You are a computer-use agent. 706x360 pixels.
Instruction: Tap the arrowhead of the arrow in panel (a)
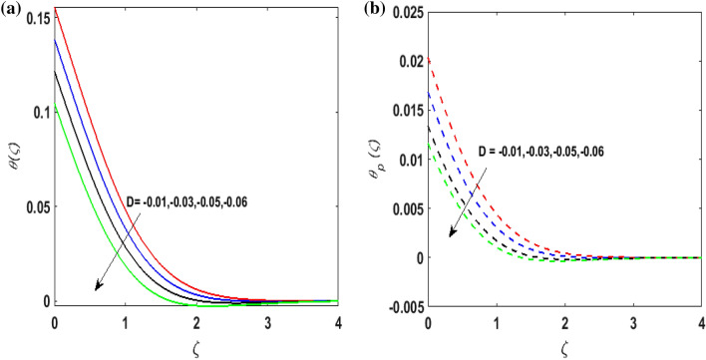pyautogui.click(x=97, y=288)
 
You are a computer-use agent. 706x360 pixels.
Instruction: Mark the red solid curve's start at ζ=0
pyautogui.click(x=54, y=8)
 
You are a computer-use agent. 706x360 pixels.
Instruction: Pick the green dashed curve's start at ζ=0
pyautogui.click(x=428, y=147)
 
